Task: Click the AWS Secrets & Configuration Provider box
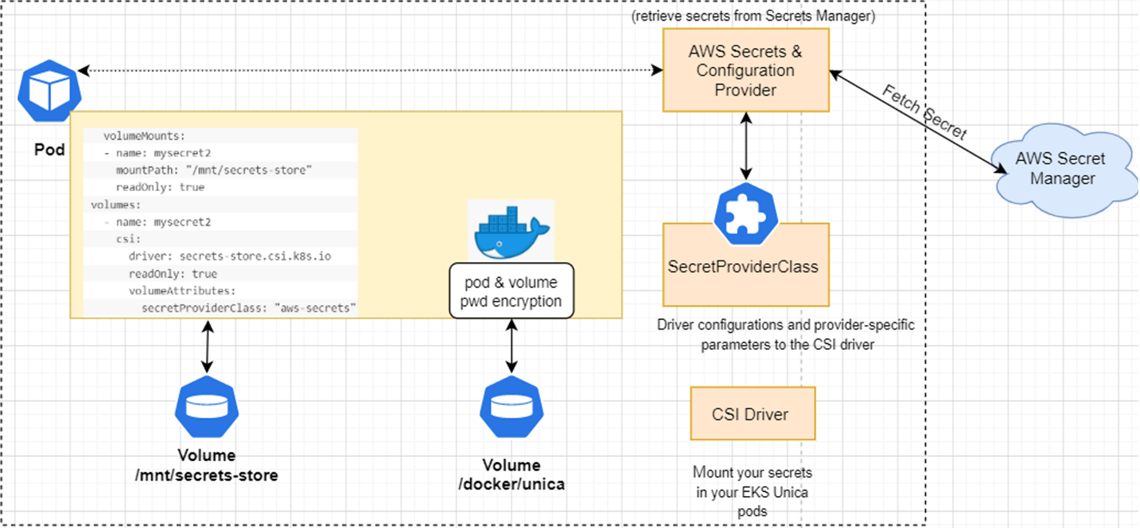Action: pyautogui.click(x=745, y=71)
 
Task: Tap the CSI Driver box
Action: pyautogui.click(x=751, y=414)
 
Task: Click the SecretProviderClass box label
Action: pyautogui.click(x=743, y=267)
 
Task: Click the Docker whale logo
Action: pyautogui.click(x=511, y=230)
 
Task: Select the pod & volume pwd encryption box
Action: pyautogui.click(x=512, y=292)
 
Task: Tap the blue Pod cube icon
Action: pyautogui.click(x=48, y=90)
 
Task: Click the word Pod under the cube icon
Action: pyautogui.click(x=49, y=150)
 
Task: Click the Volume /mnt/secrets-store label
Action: pyautogui.click(x=205, y=465)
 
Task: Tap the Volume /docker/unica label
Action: pyautogui.click(x=512, y=475)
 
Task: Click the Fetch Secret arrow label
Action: pyautogui.click(x=927, y=114)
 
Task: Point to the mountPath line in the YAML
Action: pyautogui.click(x=213, y=170)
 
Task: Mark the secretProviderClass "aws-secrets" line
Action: pyautogui.click(x=248, y=307)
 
